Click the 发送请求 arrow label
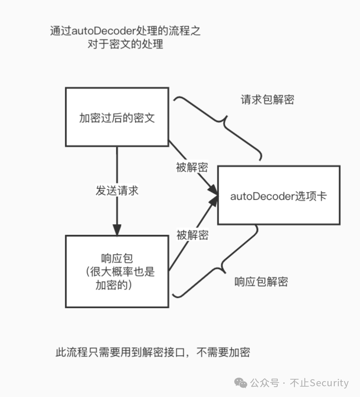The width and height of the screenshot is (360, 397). point(117,191)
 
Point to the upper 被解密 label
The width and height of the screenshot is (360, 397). point(192,167)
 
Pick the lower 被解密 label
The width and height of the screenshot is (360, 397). point(193,235)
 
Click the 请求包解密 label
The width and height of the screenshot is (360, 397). point(267,100)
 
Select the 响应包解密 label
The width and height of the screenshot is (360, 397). point(261,282)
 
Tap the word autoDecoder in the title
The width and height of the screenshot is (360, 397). point(104,31)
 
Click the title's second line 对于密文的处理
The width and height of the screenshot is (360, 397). point(125,44)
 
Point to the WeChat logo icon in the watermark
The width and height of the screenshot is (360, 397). point(241,383)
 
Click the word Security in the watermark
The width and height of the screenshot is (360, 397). point(329,383)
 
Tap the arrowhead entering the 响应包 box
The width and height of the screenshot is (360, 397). point(117,230)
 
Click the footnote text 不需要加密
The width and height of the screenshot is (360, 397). point(223,352)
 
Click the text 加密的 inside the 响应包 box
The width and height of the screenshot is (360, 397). point(111,285)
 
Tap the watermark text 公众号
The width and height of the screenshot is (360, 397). point(265,383)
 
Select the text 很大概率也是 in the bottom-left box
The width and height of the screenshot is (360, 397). point(122,272)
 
